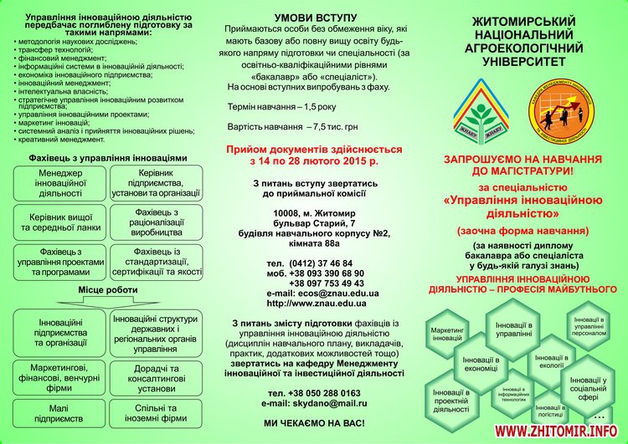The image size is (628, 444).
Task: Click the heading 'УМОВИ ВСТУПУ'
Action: click(311, 18)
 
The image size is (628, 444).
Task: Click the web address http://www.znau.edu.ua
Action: click(311, 304)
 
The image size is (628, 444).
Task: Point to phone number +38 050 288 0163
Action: click(314, 392)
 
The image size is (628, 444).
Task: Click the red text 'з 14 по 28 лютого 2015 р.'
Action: click(314, 160)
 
